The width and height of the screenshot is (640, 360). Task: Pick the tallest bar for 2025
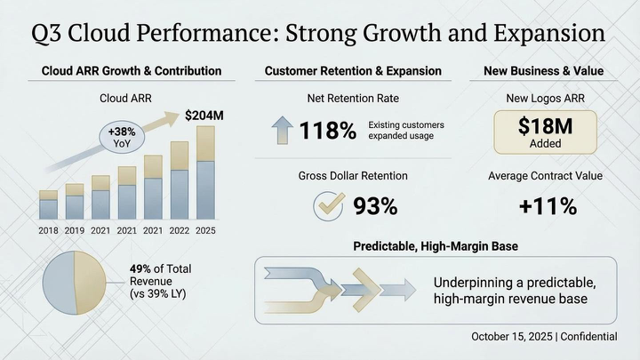click(205, 173)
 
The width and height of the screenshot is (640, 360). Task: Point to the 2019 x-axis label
click(75, 230)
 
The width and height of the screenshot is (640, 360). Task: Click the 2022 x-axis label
click(179, 230)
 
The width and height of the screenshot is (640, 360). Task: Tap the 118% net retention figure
click(327, 132)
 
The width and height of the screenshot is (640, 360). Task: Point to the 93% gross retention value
click(375, 206)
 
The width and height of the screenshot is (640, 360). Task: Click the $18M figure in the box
click(543, 127)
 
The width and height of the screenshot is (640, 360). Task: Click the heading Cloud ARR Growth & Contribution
click(132, 70)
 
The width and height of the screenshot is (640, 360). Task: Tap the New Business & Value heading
click(543, 70)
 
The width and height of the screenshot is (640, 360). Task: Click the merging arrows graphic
click(338, 290)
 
